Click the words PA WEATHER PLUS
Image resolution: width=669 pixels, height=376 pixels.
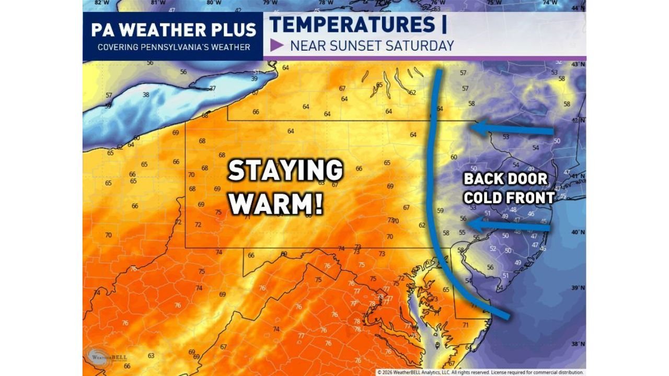(x=174, y=30)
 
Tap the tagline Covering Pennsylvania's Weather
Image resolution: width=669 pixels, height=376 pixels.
(x=174, y=47)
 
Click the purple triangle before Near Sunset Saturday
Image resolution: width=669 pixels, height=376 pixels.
(x=277, y=45)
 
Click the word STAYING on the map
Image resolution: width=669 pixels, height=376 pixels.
(x=285, y=171)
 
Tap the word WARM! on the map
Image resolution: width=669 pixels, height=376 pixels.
(x=276, y=204)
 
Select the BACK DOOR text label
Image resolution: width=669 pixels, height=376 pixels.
(x=506, y=179)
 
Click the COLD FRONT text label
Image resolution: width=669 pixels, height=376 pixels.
(x=509, y=197)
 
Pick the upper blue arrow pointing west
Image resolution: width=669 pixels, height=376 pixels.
(x=512, y=128)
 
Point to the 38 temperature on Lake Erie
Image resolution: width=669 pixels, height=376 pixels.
(x=146, y=95)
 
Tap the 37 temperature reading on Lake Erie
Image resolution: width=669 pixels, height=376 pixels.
(x=212, y=88)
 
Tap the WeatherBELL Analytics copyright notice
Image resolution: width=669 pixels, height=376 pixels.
(x=480, y=372)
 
